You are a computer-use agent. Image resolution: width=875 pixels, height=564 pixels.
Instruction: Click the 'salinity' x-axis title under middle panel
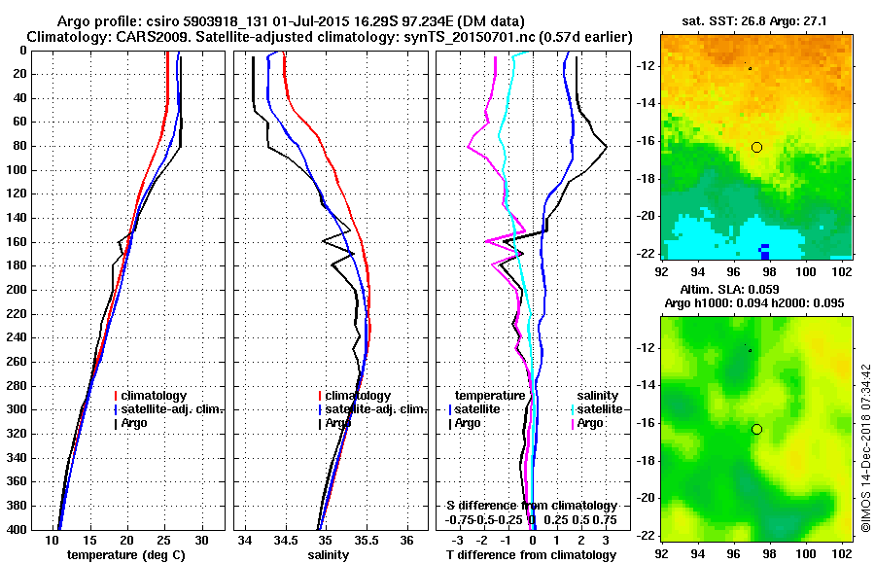click(329, 555)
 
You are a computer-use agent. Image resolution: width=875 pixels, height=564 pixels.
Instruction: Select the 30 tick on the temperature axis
click(201, 539)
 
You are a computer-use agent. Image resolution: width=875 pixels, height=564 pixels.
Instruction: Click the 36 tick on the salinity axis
click(406, 539)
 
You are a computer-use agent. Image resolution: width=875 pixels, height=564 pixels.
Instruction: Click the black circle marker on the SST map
click(756, 146)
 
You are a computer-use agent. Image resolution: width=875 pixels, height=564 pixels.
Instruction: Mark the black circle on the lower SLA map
click(756, 429)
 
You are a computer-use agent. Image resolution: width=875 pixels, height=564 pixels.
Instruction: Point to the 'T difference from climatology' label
click(531, 555)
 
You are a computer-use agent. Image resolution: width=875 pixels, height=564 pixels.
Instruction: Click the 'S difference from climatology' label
click(532, 506)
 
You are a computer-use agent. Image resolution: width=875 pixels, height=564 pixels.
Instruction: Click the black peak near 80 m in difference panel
click(606, 147)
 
